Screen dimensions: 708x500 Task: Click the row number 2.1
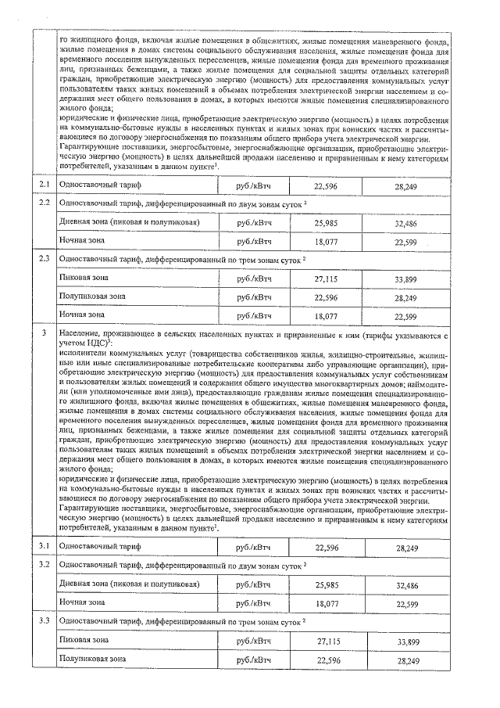[45, 185]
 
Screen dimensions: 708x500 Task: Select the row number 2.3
[45, 258]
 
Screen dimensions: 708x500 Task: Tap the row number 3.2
[45, 564]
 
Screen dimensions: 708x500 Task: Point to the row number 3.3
[45, 621]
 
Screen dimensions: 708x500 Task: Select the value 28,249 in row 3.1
[407, 548]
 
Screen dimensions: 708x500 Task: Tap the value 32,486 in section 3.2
[407, 584]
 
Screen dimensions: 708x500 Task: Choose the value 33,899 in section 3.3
[407, 641]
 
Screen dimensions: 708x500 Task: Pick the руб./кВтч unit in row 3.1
[253, 547]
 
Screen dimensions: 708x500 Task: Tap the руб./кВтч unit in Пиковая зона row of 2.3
[253, 278]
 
